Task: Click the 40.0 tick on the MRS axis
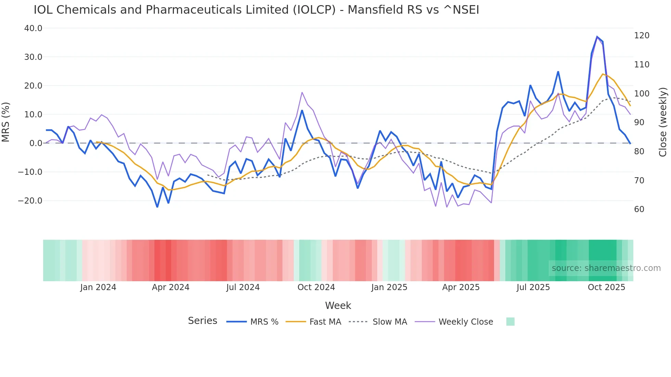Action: pos(33,28)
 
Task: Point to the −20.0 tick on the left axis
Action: pos(30,201)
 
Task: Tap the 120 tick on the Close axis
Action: pos(642,36)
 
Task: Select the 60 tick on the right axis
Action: pos(639,209)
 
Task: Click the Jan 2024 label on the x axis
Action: pos(98,287)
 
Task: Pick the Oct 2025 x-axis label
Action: pos(606,287)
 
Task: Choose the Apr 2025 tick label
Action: pos(461,287)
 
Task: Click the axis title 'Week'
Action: pos(338,305)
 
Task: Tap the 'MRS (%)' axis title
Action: pos(6,122)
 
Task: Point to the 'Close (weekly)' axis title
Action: pos(663,122)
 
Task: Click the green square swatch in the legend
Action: pos(510,322)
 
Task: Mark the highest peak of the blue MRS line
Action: pos(597,37)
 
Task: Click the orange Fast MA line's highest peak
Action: pos(603,74)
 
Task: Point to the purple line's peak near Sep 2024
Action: pos(302,92)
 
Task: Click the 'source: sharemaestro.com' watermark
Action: pos(606,268)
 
